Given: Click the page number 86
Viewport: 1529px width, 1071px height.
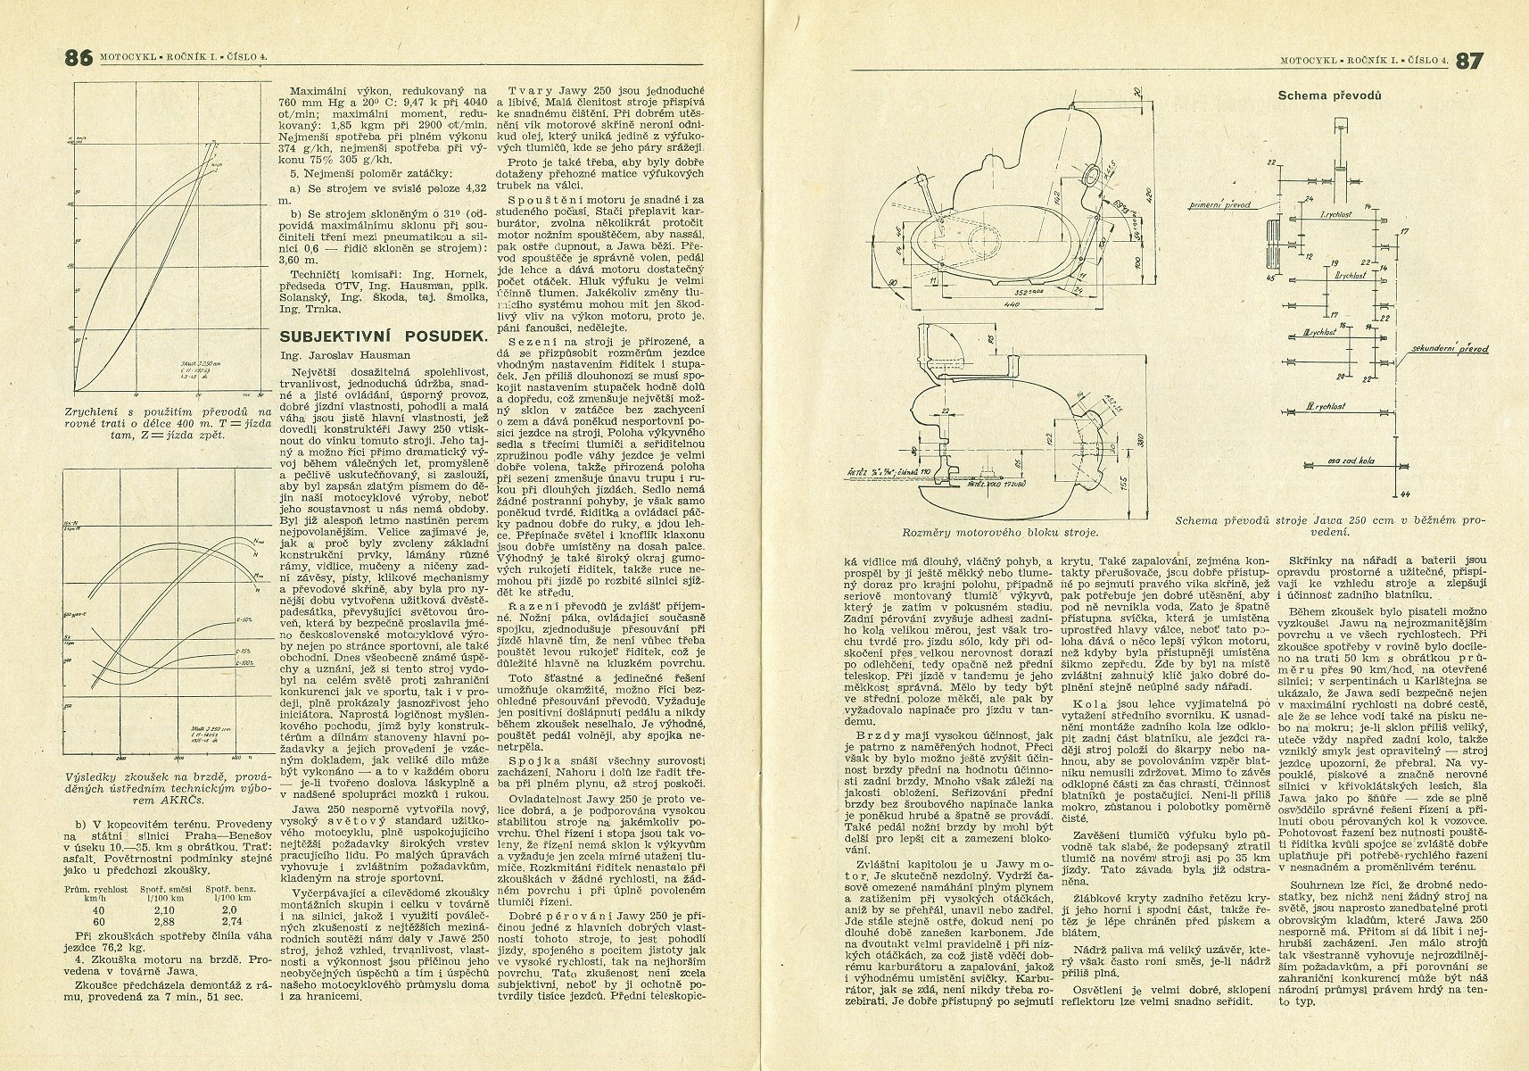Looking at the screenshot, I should tap(79, 59).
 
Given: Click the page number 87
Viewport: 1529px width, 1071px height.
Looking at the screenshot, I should tap(1469, 60).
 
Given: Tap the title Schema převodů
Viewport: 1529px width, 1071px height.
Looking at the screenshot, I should tap(1329, 95).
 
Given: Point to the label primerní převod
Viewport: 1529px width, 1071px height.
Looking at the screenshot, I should tap(1219, 205).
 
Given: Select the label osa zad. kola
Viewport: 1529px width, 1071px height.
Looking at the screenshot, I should tap(1331, 461).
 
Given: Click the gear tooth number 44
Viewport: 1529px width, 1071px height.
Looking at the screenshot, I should tap(1406, 494).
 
